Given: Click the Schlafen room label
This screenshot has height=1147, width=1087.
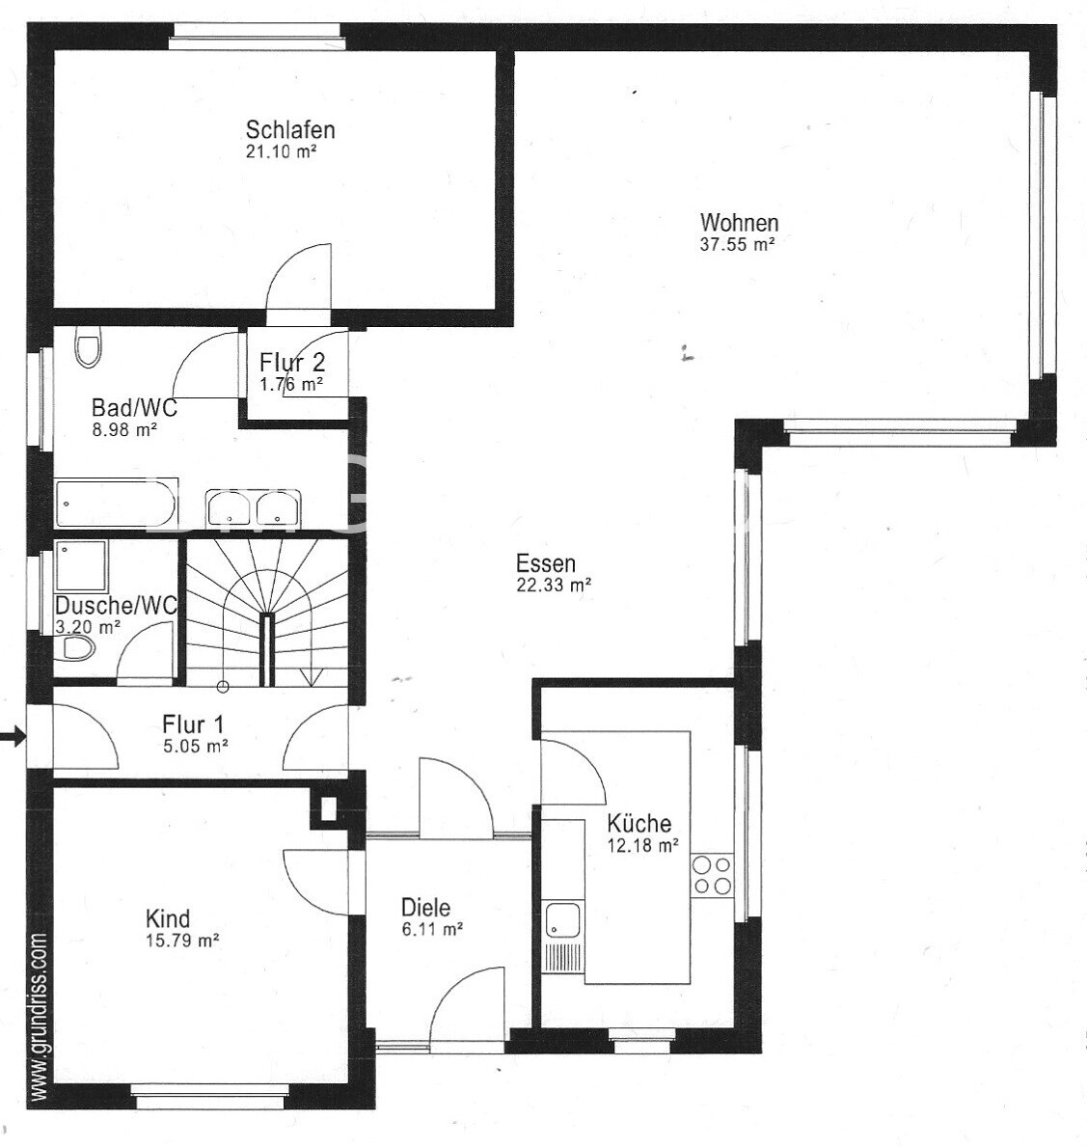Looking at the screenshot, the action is (290, 130).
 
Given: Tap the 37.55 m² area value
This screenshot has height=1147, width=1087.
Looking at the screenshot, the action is (737, 245).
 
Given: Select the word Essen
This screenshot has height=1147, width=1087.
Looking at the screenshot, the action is (546, 563).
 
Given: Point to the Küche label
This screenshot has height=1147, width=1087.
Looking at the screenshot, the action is (639, 823).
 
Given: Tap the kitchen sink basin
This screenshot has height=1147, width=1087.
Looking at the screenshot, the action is (562, 919).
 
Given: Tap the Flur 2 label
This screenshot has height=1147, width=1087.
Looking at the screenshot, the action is (292, 362).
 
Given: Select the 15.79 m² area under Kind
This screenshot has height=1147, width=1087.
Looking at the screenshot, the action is (183, 941).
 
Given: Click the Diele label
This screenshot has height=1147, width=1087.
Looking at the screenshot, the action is (425, 908).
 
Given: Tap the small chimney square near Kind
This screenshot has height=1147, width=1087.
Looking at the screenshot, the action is (328, 809).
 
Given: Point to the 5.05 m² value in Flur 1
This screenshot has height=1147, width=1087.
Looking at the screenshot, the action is (196, 747).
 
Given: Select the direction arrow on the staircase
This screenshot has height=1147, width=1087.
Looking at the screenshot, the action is (311, 676).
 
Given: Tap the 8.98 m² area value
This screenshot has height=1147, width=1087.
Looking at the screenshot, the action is (125, 430).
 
